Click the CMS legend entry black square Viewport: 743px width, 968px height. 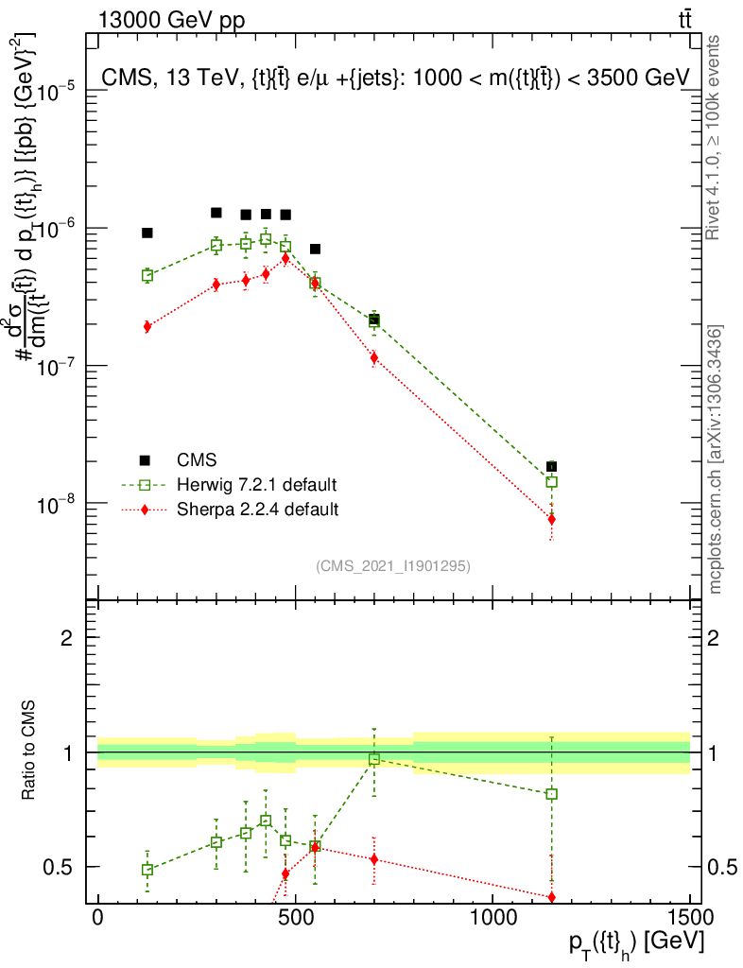[x=145, y=460]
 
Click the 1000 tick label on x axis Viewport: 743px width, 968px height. [x=493, y=917]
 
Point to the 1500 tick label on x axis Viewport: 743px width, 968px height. [x=690, y=917]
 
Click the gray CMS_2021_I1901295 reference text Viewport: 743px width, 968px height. [x=393, y=566]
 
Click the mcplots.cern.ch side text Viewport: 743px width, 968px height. [x=716, y=458]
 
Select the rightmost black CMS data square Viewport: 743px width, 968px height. [x=551, y=466]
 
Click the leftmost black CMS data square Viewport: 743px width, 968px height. [x=147, y=233]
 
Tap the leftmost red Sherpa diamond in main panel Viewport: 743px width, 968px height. [x=147, y=326]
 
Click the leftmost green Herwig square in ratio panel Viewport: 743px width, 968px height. [x=147, y=870]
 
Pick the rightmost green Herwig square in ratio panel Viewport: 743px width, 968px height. [x=551, y=794]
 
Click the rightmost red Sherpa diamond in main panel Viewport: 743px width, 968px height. [x=551, y=519]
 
